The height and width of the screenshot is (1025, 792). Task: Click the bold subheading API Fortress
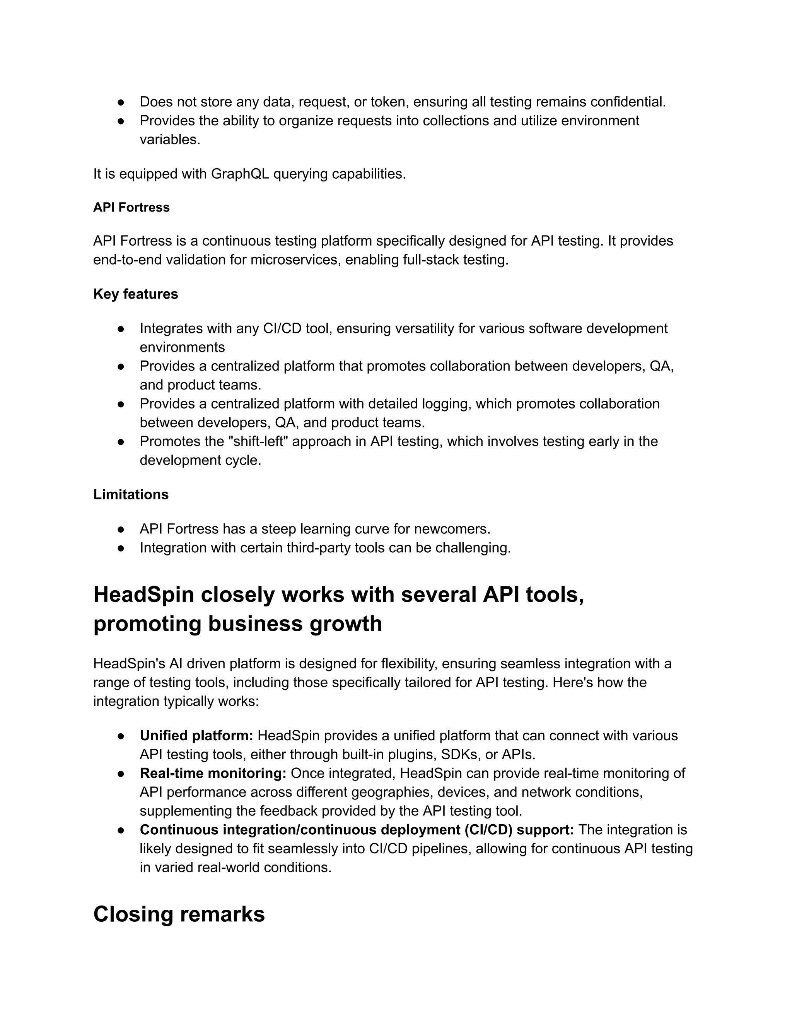131,207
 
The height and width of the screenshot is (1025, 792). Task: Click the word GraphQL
240,174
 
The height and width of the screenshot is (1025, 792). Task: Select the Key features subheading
136,294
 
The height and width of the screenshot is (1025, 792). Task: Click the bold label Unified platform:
196,735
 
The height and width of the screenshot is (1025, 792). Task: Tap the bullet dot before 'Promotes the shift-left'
121,442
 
